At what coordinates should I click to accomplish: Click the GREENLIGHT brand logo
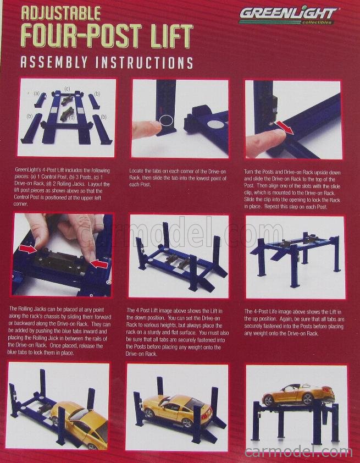[287, 14]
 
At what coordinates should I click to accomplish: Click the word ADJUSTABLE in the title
[60, 13]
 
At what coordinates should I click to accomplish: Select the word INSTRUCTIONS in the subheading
[144, 62]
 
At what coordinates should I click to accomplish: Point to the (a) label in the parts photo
[37, 93]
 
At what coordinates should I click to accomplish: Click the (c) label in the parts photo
[67, 89]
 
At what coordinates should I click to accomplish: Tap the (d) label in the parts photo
[72, 117]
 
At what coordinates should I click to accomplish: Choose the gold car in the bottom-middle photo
[170, 409]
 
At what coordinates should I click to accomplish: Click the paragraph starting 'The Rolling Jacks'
[62, 330]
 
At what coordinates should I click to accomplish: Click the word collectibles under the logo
[317, 22]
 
